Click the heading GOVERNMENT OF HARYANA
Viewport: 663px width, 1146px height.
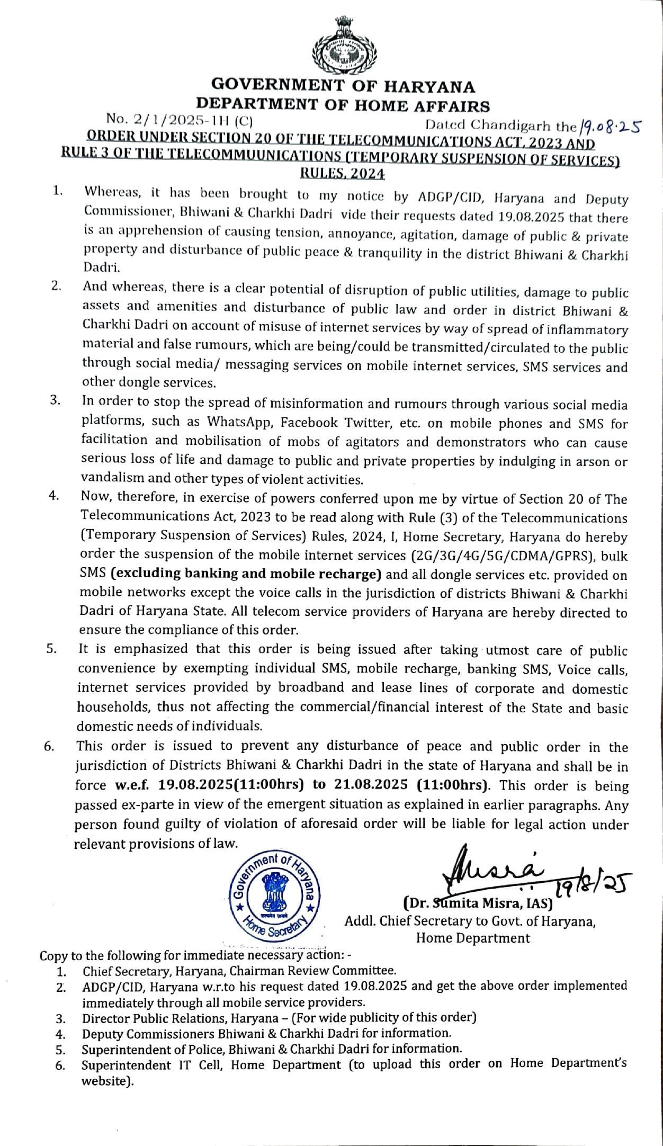click(343, 86)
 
